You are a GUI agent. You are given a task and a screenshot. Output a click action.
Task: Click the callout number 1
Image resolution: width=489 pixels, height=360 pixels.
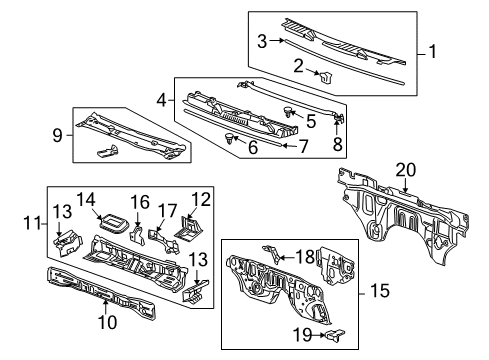(x=432, y=50)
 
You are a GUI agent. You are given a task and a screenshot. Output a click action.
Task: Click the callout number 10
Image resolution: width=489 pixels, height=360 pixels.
(x=107, y=322)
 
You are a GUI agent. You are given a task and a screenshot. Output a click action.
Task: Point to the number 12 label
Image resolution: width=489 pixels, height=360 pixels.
(x=202, y=200)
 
